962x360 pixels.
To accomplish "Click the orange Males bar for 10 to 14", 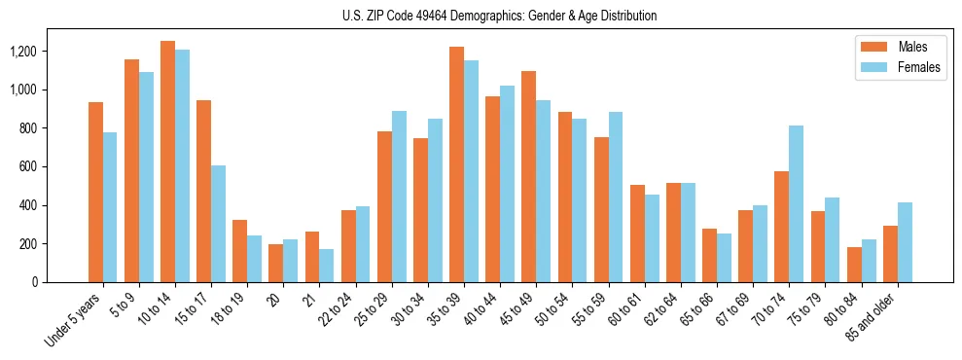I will click(x=167, y=162).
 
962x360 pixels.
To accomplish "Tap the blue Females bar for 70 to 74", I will click(x=796, y=204).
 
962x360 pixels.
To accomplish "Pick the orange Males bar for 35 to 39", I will click(x=456, y=164).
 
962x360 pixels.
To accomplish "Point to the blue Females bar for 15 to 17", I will click(x=218, y=224).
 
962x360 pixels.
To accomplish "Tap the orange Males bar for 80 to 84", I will click(x=854, y=265).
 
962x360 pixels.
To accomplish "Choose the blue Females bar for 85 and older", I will click(x=905, y=242).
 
